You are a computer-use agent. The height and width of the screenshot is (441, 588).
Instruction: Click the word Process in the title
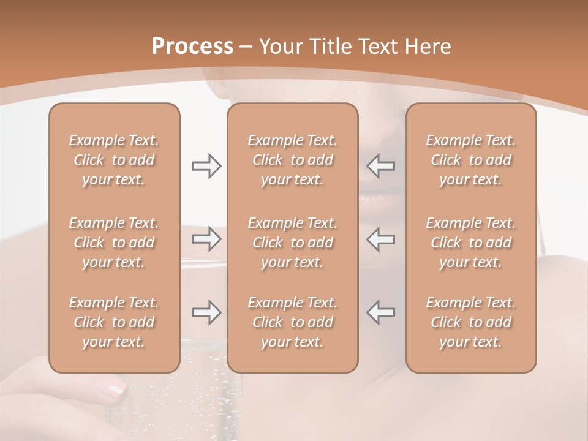[x=192, y=47]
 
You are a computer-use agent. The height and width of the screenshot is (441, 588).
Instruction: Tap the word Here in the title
[x=427, y=47]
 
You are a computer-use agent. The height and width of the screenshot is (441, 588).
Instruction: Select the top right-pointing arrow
[x=206, y=166]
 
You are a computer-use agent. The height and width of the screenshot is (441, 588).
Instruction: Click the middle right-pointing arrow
[x=206, y=239]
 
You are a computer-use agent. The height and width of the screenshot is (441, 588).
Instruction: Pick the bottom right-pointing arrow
[x=206, y=312]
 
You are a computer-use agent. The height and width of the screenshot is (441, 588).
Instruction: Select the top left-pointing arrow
[x=381, y=166]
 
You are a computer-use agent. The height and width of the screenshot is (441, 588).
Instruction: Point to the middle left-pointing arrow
[x=381, y=239]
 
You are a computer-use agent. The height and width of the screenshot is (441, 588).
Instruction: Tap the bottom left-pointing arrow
[x=381, y=312]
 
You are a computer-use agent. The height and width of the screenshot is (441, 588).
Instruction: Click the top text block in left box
[x=114, y=160]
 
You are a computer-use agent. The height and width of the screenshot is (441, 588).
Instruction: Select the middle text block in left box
[x=114, y=243]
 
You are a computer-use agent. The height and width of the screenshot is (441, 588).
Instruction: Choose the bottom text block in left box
[x=114, y=322]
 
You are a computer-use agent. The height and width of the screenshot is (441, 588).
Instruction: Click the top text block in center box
[x=292, y=160]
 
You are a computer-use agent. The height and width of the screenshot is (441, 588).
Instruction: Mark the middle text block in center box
[x=292, y=243]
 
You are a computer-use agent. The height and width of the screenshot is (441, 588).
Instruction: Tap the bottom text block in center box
[x=292, y=322]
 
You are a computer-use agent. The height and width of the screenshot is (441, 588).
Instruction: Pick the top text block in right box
[x=470, y=160]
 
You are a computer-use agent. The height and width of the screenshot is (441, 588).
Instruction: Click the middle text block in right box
[x=470, y=243]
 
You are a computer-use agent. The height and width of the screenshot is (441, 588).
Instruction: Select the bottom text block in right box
[x=470, y=322]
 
